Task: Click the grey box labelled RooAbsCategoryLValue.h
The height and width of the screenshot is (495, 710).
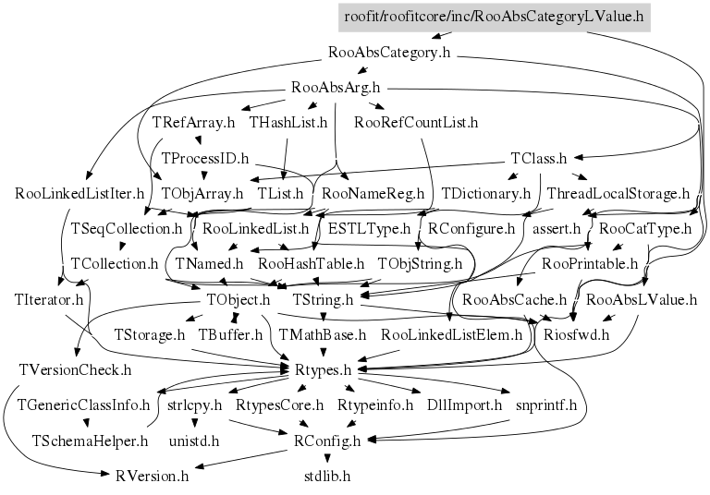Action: [x=495, y=17]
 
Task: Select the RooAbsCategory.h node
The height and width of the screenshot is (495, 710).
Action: [x=389, y=53]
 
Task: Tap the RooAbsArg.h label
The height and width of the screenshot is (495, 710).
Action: [x=336, y=89]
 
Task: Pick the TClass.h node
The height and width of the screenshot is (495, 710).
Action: [x=538, y=159]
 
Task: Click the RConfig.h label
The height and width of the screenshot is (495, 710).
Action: [x=327, y=441]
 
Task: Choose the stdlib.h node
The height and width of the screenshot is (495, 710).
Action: [x=327, y=477]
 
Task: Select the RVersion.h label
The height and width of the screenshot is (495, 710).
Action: [x=153, y=477]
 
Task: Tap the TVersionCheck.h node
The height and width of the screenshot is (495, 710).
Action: [x=75, y=369]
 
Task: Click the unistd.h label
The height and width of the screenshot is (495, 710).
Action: [x=193, y=441]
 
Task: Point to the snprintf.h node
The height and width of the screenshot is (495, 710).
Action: [x=545, y=404]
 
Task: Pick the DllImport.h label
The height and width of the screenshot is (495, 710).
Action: [x=464, y=404]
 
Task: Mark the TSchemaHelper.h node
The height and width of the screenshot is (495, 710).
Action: [x=91, y=441]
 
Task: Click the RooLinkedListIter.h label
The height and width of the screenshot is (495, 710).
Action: [x=80, y=194]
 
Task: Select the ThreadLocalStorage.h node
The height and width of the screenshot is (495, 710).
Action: [x=618, y=194]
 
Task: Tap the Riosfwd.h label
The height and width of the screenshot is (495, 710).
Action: [x=576, y=334]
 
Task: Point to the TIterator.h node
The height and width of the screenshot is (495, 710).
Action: [x=49, y=299]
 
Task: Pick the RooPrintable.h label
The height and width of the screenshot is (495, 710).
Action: [x=590, y=264]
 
